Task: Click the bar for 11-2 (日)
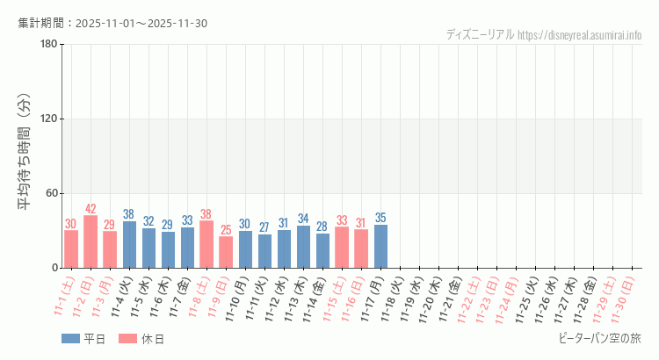[91, 241]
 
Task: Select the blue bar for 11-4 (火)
[129, 245]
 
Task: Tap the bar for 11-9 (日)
[226, 252]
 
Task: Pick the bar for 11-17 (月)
[380, 247]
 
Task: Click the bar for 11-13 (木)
[303, 247]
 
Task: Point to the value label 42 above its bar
[91, 209]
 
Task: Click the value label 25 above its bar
[226, 230]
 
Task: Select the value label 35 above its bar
[380, 218]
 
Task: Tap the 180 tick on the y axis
[48, 45]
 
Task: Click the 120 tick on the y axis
[48, 119]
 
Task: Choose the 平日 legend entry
[83, 339]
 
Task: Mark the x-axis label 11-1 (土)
[64, 299]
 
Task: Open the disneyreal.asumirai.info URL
[579, 34]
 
